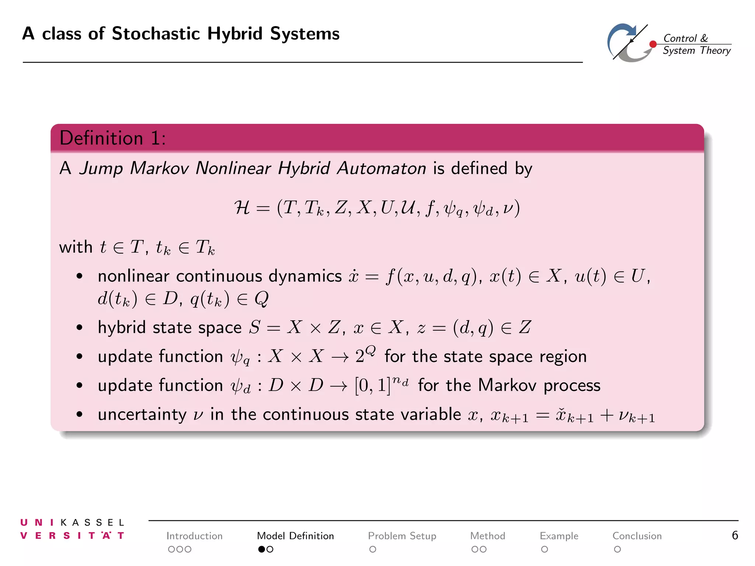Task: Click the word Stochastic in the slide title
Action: [x=156, y=34]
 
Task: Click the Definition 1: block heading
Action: [x=112, y=139]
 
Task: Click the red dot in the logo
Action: [x=653, y=44]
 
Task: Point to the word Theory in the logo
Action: [x=715, y=50]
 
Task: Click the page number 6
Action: [x=735, y=535]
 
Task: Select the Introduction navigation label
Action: [x=194, y=536]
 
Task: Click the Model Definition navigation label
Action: [x=295, y=536]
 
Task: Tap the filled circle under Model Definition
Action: [x=261, y=549]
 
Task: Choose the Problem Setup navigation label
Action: [x=402, y=536]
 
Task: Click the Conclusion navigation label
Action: [x=637, y=536]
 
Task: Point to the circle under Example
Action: [x=544, y=549]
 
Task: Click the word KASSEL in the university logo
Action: [x=93, y=523]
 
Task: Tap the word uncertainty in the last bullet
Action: [x=142, y=415]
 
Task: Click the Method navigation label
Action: [x=487, y=536]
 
